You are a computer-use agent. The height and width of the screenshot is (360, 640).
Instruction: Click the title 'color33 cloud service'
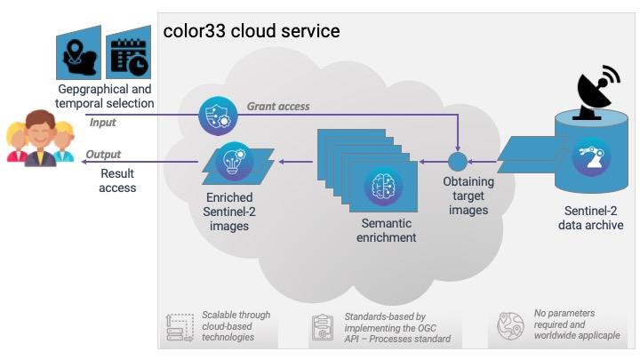252,31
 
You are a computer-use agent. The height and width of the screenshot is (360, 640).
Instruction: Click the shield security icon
219,116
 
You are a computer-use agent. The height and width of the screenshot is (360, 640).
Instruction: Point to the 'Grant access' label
278,107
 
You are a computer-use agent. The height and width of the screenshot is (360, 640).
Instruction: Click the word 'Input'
102,123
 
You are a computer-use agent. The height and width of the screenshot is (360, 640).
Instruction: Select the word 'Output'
103,155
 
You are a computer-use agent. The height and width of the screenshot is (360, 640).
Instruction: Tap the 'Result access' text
117,180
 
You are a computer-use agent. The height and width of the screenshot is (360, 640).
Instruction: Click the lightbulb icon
234,162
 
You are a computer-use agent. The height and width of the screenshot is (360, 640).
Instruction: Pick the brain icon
383,186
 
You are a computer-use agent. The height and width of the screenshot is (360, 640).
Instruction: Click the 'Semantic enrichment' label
386,230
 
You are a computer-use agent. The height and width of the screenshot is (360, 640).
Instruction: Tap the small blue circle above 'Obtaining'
458,162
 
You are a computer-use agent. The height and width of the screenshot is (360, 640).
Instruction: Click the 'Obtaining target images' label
468,196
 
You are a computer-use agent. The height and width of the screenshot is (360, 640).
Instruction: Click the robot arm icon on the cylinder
591,157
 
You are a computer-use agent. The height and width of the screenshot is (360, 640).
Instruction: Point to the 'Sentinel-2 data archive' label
590,218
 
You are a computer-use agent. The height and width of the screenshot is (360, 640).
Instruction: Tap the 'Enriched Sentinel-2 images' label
229,212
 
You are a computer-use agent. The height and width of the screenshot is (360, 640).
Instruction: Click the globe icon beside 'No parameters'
510,326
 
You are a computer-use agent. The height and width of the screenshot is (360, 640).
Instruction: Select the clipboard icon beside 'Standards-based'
323,327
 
